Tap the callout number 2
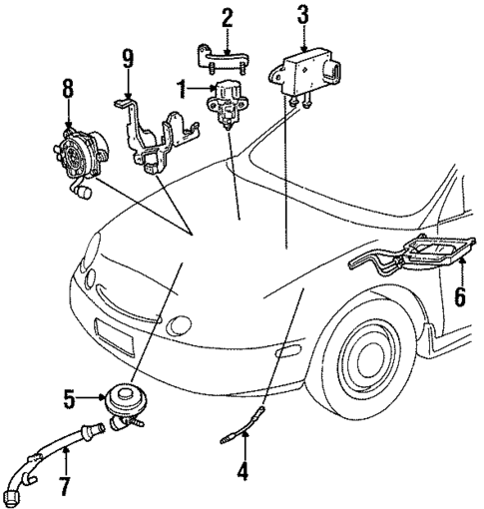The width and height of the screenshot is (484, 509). pos(227,17)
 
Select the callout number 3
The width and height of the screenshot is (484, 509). pos(301,13)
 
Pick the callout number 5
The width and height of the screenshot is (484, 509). pos(70,400)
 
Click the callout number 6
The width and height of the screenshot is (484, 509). pos(460,296)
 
